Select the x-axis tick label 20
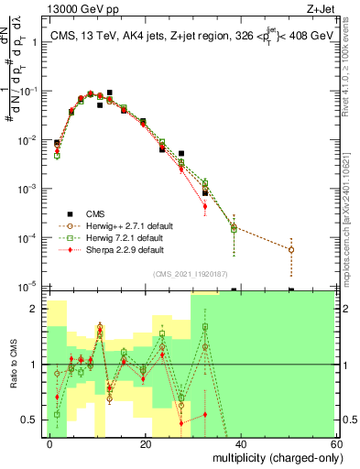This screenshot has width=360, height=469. pyautogui.click(x=146, y=443)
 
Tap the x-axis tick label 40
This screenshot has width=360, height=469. pyautogui.click(x=242, y=443)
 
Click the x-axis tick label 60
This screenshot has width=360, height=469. pyautogui.click(x=337, y=443)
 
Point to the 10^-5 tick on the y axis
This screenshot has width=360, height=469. pyautogui.click(x=30, y=287)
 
